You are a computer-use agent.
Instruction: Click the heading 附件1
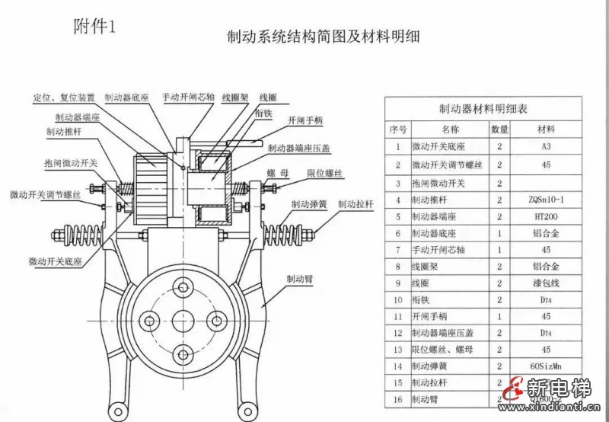[x=96, y=27]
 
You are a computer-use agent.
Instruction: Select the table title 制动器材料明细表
[x=483, y=109]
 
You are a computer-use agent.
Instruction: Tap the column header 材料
[x=546, y=129]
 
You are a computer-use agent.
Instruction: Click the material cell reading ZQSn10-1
[x=546, y=200]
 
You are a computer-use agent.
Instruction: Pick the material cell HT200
[x=546, y=217]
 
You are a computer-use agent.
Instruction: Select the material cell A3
[x=546, y=146]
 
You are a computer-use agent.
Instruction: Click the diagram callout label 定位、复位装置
[x=63, y=98]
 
